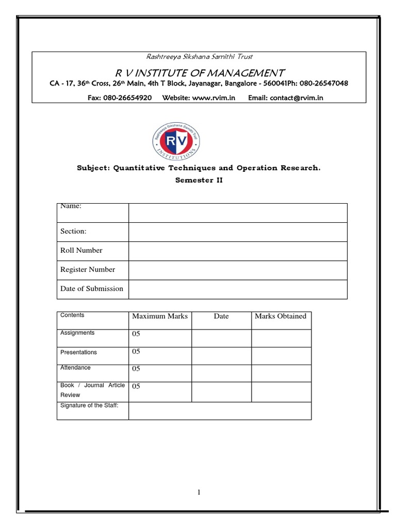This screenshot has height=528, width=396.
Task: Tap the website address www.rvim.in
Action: (x=213, y=97)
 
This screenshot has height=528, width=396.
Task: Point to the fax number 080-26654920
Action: (x=120, y=97)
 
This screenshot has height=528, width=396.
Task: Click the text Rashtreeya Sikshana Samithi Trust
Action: (x=199, y=56)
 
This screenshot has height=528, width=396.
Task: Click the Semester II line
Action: (x=199, y=180)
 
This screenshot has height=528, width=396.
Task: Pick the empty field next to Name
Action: (x=238, y=212)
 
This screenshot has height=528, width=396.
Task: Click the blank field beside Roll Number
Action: (x=238, y=251)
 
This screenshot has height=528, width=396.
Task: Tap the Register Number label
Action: (x=88, y=269)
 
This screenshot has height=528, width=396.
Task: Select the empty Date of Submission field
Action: (x=238, y=289)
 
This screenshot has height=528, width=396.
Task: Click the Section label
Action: (x=73, y=231)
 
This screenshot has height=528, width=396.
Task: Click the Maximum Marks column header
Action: (x=160, y=316)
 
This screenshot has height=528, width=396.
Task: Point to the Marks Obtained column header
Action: (x=280, y=316)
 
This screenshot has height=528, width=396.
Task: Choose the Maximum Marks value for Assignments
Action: (x=136, y=334)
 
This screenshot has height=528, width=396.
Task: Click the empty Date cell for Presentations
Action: (x=221, y=355)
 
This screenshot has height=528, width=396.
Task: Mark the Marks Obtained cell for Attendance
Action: (x=281, y=373)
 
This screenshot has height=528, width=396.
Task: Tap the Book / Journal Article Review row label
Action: (x=92, y=390)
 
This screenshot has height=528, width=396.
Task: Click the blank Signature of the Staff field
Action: (x=220, y=411)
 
